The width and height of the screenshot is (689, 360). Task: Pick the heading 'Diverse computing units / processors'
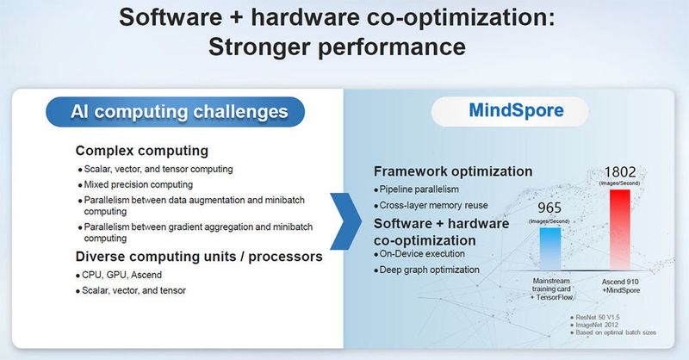(198, 256)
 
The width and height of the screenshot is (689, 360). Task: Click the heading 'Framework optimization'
(453, 171)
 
